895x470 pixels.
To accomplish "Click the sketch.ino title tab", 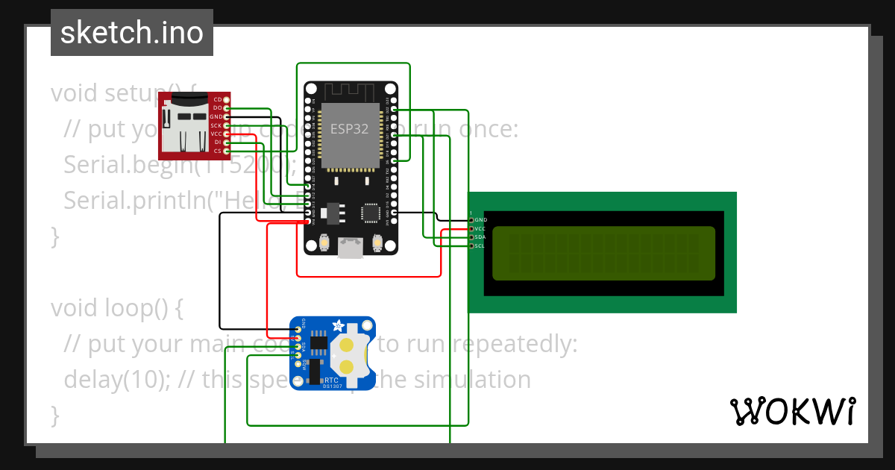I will [131, 33].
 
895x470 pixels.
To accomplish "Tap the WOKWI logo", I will [792, 411].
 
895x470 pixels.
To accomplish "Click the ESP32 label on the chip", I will [349, 128].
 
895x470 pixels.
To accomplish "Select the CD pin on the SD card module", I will [226, 99].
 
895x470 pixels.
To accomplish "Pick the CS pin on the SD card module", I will [226, 151].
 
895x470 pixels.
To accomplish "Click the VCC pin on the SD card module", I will [226, 134].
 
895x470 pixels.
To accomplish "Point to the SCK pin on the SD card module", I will [226, 125].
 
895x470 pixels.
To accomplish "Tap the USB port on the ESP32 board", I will [351, 248].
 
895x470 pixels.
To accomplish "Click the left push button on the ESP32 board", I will [324, 242].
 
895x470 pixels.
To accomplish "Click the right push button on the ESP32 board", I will [377, 242].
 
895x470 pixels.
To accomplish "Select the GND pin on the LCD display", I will [471, 220].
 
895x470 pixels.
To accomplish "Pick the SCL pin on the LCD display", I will [471, 245].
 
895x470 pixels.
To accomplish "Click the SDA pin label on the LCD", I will [480, 237].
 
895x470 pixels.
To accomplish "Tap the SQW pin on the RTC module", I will [298, 364].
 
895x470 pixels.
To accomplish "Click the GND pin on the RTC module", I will [298, 329].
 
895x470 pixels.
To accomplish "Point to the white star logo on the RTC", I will [339, 326].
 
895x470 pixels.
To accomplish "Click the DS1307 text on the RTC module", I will [332, 386].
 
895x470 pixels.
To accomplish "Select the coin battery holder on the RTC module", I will [348, 355].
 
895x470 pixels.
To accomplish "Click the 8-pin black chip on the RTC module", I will [319, 343].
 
